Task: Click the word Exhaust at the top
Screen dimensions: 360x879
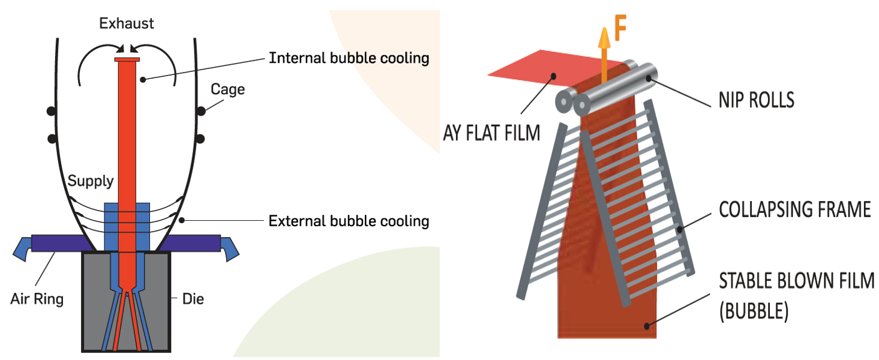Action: pos(127,24)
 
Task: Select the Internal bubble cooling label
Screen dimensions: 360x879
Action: pos(349,58)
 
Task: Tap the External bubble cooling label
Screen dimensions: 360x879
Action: pos(349,221)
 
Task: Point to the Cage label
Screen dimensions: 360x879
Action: pos(228,89)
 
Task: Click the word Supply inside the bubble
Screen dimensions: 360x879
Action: pos(91,181)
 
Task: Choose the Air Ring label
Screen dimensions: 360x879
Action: pos(37,298)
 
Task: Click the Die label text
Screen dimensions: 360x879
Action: pos(192,298)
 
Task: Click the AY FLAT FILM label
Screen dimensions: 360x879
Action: pos(489,131)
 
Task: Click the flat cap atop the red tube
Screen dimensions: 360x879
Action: pos(127,59)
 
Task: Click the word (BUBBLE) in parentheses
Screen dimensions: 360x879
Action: pos(753,312)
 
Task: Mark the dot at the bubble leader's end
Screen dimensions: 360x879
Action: pos(646,326)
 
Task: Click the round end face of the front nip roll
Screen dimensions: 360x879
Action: pos(581,106)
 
